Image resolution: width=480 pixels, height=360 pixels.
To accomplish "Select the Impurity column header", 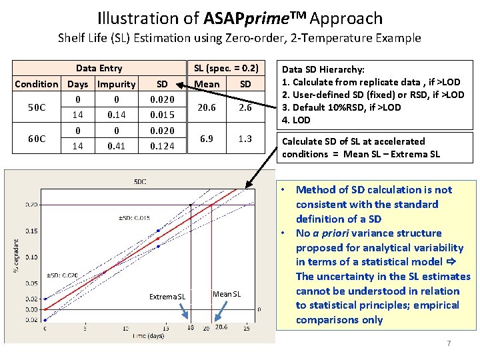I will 116,84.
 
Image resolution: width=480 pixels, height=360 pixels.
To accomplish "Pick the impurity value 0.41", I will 116,147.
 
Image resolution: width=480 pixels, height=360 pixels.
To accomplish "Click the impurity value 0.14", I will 116,115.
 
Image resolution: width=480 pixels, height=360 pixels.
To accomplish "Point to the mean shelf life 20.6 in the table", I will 207,107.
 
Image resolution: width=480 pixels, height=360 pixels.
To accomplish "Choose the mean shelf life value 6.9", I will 207,139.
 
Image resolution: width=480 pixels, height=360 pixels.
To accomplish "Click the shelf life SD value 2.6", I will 245,107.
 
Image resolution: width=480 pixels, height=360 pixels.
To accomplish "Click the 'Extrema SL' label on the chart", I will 167,296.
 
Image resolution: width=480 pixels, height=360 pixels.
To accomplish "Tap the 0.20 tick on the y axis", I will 32,205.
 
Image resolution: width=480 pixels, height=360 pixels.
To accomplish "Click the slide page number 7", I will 449,343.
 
